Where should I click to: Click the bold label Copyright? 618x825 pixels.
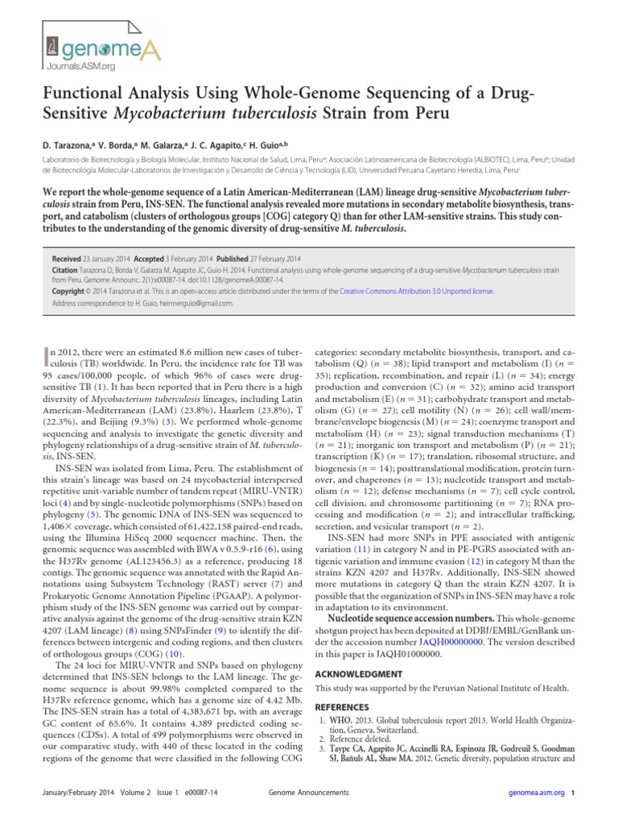point(71,290)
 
